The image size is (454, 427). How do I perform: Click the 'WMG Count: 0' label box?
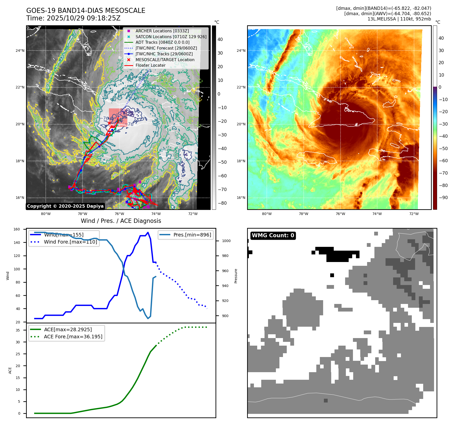point(273,235)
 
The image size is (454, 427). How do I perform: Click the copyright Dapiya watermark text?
point(65,206)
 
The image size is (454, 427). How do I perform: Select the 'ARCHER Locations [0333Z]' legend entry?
point(162,31)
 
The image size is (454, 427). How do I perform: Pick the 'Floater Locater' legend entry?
point(150,65)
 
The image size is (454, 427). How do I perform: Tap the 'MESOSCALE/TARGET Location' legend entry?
point(165,60)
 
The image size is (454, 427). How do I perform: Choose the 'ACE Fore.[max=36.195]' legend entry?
point(73,337)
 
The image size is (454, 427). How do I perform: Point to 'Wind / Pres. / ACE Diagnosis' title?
point(121,221)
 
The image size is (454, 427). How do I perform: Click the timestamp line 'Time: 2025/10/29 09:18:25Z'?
point(73,18)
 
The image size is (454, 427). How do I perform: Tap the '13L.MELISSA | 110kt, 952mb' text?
point(399,19)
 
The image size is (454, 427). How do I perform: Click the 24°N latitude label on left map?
point(20,51)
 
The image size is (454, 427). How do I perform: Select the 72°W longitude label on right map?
point(414,214)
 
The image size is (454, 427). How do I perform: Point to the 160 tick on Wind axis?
point(17,229)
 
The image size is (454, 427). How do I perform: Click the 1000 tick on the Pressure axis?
point(226,241)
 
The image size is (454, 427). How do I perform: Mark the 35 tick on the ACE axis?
point(18,330)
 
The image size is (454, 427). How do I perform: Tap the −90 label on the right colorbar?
point(443,198)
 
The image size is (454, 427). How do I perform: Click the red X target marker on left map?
point(109,123)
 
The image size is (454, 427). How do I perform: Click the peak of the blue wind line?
point(148,232)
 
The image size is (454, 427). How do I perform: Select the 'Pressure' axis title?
point(236,276)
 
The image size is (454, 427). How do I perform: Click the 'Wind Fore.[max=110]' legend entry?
point(70,242)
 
